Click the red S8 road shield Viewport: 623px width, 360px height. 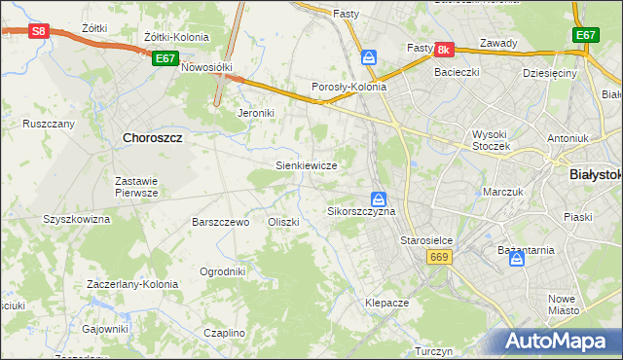(38, 31)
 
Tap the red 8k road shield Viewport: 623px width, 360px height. (445, 49)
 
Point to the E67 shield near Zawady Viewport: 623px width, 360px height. (584, 35)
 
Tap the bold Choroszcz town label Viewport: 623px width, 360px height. (154, 138)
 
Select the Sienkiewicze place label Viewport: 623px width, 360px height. (307, 165)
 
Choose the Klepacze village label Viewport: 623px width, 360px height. (386, 303)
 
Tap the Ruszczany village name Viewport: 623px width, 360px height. (49, 124)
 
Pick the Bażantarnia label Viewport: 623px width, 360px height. (526, 250)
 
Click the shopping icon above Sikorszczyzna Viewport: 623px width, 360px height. (378, 198)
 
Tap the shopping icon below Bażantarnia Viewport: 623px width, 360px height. (519, 261)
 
